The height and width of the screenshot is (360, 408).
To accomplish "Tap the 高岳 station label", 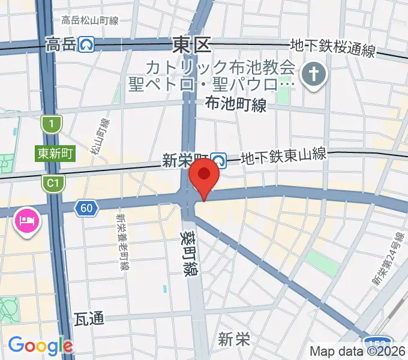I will [61, 44].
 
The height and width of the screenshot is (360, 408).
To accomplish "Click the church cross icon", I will [314, 76].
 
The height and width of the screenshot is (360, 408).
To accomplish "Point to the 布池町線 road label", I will [235, 106].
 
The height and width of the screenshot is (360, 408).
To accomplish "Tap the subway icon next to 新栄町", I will [220, 160].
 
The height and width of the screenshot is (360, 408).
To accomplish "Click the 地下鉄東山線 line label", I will [283, 157].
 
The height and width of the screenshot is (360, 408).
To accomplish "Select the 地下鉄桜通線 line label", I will [332, 48].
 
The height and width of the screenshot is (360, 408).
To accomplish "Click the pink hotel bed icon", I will [27, 222].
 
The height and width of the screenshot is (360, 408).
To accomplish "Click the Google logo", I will [40, 346].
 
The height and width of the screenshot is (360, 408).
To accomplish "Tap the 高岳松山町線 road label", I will [90, 20].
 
